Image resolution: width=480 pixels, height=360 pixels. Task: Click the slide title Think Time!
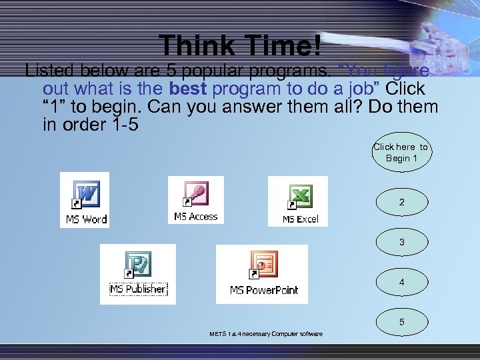coord(241,45)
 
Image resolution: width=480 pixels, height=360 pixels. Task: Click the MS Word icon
coord(86,195)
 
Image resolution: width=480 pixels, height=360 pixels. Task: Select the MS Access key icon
coord(196,195)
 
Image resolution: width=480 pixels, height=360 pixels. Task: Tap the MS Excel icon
coord(299,197)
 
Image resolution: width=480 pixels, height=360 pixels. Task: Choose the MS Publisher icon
coord(138,265)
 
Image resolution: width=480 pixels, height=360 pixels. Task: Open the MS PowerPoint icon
coord(264,266)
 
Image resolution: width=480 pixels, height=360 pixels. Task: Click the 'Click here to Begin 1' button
coord(401,153)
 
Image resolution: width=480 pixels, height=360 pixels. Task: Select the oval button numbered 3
coord(401,243)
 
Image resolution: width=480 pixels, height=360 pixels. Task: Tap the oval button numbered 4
coord(401,283)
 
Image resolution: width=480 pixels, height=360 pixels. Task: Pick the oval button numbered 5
coord(401,322)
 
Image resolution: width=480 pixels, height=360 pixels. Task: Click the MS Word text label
coord(86,219)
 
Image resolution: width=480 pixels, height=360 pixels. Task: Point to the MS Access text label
coord(196,217)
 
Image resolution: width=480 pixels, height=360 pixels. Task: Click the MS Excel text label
coord(300,219)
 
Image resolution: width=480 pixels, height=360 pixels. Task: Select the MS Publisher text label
coord(137,289)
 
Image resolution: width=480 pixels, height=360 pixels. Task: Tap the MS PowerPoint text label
coord(264,290)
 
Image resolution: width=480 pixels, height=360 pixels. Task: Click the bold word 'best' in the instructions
coord(188,89)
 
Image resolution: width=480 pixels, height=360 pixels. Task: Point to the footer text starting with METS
coord(265,334)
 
